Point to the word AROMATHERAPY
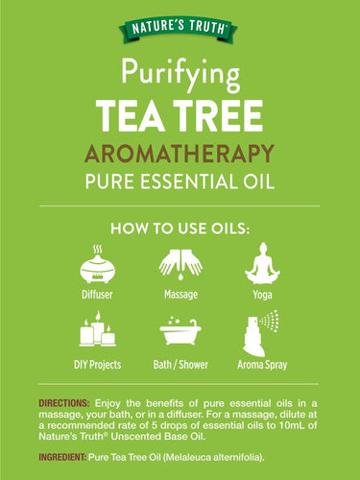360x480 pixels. pos(180,152)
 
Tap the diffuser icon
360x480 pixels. pos(95,261)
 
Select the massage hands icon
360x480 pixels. pos(180,263)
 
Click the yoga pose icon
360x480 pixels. pos(262,261)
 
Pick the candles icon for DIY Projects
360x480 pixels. pos(95,330)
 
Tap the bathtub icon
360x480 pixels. pos(180,332)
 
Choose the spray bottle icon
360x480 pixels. pos(262,330)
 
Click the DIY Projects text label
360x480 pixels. pos(95,365)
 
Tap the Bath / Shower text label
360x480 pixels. pos(180,365)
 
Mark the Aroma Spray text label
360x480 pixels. pos(263,365)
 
